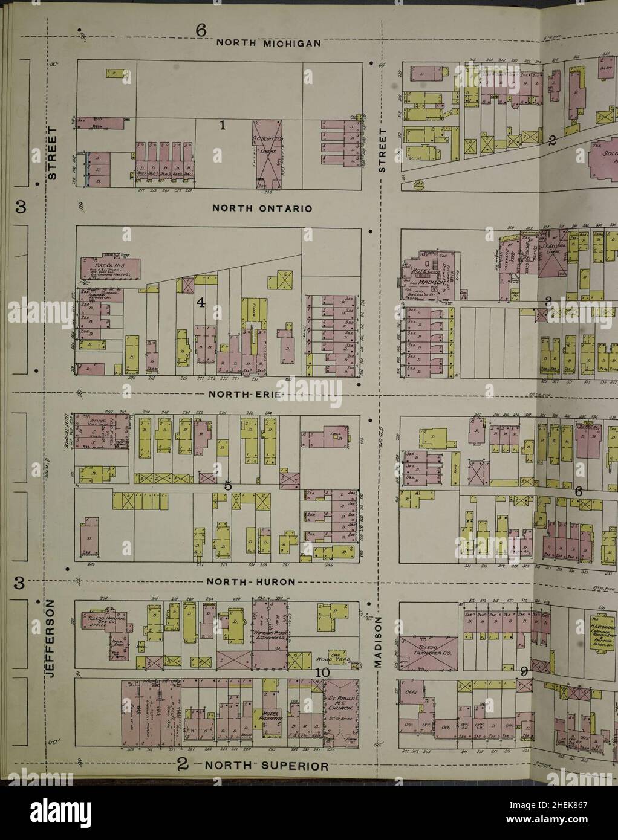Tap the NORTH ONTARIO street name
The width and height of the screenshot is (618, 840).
tap(262, 209)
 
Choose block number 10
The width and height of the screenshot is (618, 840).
tap(322, 673)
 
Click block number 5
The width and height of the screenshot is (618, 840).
tap(228, 485)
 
